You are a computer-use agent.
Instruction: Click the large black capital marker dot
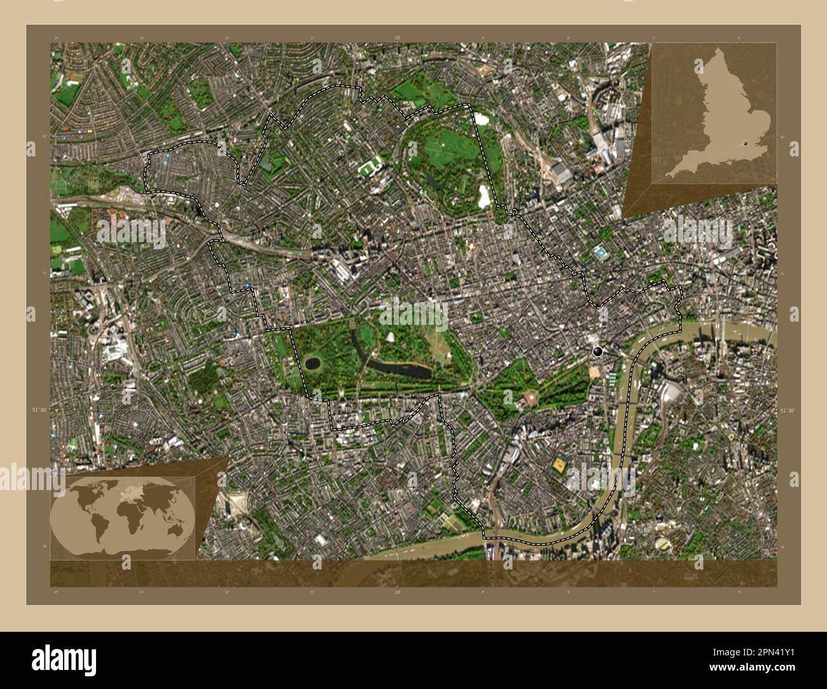coord(597,351)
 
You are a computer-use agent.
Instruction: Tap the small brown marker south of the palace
coord(549,433)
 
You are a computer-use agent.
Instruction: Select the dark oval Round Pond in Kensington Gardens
coord(312,364)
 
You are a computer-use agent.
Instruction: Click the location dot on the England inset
coord(745,144)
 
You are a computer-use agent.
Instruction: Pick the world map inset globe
coord(123,514)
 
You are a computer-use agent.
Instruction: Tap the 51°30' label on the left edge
coord(39,411)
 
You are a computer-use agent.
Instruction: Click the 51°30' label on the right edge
coord(788,411)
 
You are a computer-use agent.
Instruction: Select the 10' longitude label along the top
coord(398,38)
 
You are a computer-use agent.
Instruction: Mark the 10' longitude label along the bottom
coord(398,592)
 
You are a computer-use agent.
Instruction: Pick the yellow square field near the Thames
coord(560,465)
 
